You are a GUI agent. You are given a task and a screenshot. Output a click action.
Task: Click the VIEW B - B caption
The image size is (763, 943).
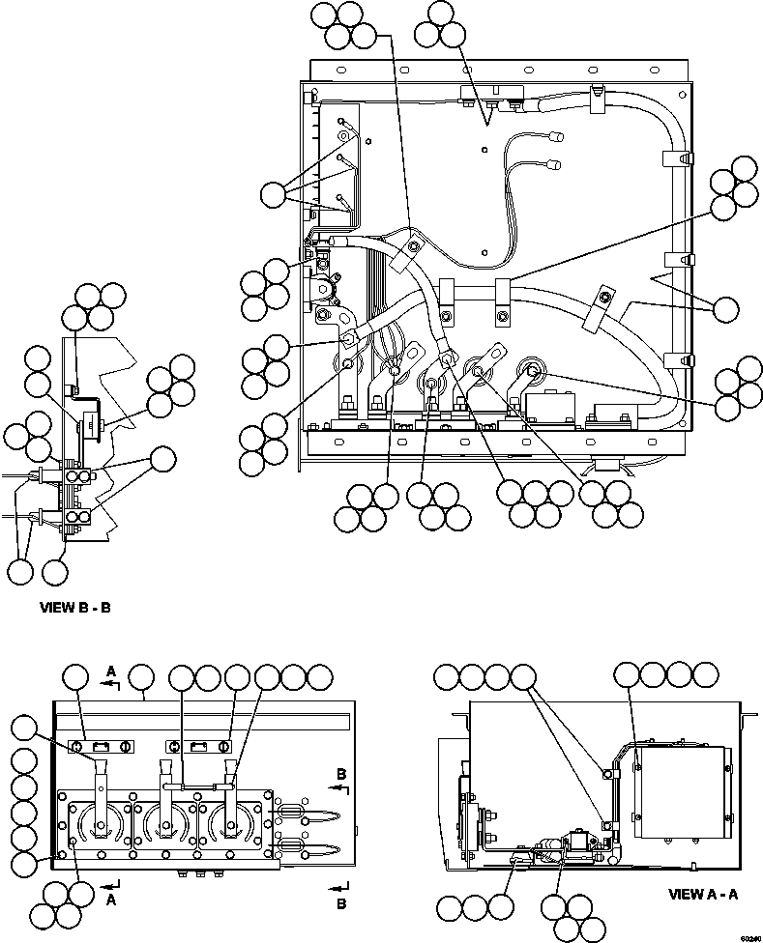coord(81,609)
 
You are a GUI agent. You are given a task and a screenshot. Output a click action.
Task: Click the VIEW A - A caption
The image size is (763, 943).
coord(703,895)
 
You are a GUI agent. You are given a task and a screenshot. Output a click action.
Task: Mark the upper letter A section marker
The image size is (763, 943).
coord(111,671)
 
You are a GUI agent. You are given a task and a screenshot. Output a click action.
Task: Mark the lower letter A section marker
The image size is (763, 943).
coord(111,899)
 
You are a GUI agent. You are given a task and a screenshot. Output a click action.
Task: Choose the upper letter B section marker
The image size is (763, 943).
coord(341,774)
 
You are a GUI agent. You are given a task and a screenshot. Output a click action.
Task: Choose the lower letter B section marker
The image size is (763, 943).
coord(341,903)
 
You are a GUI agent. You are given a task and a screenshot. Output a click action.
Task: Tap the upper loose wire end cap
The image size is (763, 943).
coord(558,137)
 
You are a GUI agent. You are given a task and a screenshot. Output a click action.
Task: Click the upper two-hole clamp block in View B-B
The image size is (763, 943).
coord(80,476)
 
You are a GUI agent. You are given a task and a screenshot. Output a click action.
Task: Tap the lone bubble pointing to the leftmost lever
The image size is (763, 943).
coord(24,731)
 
